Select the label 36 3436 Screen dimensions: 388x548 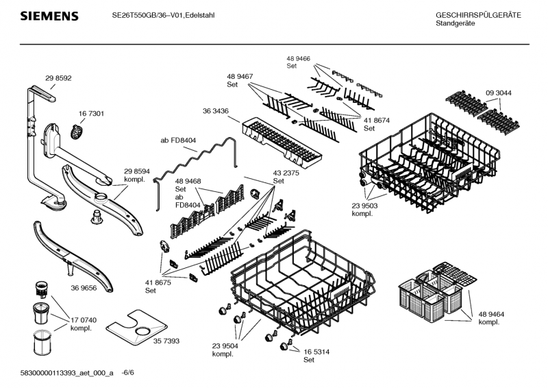click(215, 110)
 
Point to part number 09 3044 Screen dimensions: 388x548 click(499, 93)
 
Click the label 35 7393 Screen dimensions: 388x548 click(166, 341)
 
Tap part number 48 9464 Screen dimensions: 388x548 click(492, 313)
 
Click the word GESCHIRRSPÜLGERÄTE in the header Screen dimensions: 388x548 click(477, 15)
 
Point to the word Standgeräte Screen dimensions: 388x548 click(455, 24)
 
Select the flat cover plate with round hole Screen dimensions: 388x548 click(142, 329)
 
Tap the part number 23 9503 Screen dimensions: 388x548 click(365, 205)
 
